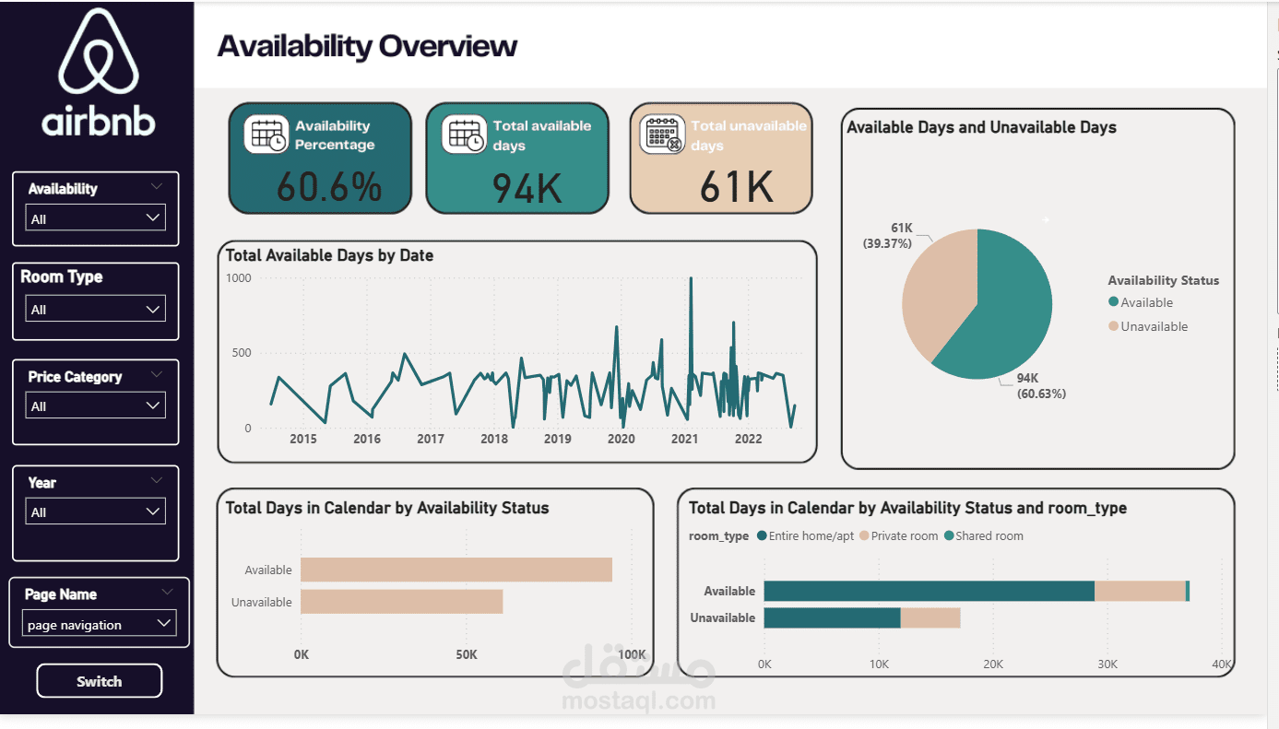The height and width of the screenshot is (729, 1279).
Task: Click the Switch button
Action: pyautogui.click(x=99, y=681)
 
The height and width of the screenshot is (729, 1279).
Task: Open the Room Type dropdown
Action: pyautogui.click(x=96, y=309)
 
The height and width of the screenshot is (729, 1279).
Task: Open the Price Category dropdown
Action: pyautogui.click(x=96, y=406)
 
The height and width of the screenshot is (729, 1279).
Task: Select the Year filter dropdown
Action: pyautogui.click(x=96, y=511)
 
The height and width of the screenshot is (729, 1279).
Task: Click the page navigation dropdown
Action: pyautogui.click(x=99, y=624)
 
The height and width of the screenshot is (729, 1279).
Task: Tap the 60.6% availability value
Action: pyautogui.click(x=328, y=187)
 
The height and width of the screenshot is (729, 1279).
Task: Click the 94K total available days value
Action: pyautogui.click(x=527, y=188)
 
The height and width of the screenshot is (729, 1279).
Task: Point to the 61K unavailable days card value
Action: pyautogui.click(x=735, y=187)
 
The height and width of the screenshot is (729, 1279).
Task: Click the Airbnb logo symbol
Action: pyautogui.click(x=99, y=52)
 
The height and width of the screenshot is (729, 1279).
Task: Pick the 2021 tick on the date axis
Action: pyautogui.click(x=684, y=439)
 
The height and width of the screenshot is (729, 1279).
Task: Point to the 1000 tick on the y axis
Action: pyautogui.click(x=238, y=277)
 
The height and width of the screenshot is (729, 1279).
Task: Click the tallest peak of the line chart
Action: pyautogui.click(x=691, y=279)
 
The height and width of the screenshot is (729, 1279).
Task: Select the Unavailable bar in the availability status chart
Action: pyautogui.click(x=401, y=602)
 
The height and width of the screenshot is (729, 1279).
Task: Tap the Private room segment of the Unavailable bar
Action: pyautogui.click(x=930, y=617)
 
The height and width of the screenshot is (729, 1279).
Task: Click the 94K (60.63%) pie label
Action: pyautogui.click(x=1041, y=385)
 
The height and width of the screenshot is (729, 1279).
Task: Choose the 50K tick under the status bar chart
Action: pyautogui.click(x=467, y=654)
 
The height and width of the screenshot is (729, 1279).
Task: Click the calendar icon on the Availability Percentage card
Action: pyautogui.click(x=266, y=135)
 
